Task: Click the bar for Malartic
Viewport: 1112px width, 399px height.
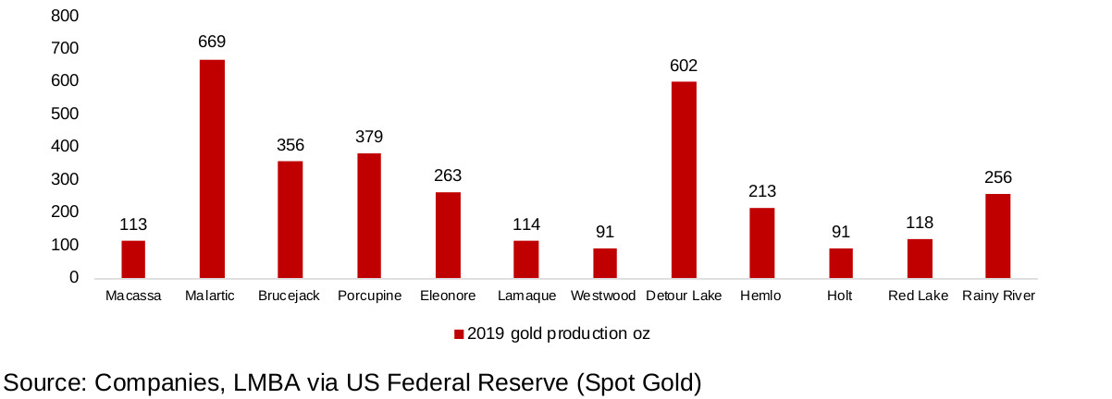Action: (212, 169)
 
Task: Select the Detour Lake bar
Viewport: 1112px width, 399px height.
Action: (684, 180)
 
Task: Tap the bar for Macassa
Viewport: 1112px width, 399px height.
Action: (133, 260)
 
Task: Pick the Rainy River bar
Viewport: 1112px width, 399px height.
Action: (998, 236)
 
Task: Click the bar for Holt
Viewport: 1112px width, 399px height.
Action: (841, 263)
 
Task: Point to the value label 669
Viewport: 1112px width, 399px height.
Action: (212, 42)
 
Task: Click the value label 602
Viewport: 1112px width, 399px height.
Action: (684, 66)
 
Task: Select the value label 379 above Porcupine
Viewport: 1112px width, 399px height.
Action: (369, 137)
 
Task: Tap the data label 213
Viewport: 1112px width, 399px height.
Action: (762, 191)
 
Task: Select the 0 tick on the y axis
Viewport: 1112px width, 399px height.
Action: (74, 278)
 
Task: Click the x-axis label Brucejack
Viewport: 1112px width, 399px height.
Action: (290, 296)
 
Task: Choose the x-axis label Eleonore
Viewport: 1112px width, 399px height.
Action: (448, 296)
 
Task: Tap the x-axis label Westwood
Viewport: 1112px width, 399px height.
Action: (604, 296)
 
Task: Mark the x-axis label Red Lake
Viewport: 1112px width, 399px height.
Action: (919, 296)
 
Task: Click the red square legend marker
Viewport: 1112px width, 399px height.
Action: (458, 334)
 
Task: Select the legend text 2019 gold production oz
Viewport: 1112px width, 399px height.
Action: (558, 334)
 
